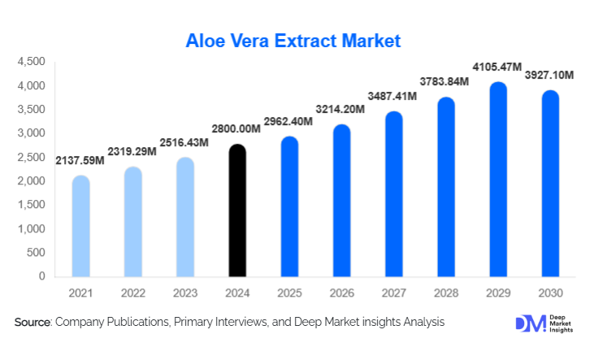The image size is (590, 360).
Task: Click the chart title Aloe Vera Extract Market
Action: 293,41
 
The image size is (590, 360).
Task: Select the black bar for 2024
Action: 236,210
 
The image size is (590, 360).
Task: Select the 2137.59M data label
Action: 80,160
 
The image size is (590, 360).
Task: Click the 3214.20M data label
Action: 341,108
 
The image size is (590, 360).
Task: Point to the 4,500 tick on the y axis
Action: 31,62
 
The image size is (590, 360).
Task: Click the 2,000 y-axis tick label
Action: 31,181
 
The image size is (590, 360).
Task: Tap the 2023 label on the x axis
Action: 184,291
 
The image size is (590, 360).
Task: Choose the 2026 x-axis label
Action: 341,291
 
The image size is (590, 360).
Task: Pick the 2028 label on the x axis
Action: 445,291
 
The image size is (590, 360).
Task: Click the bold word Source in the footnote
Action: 33,323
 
